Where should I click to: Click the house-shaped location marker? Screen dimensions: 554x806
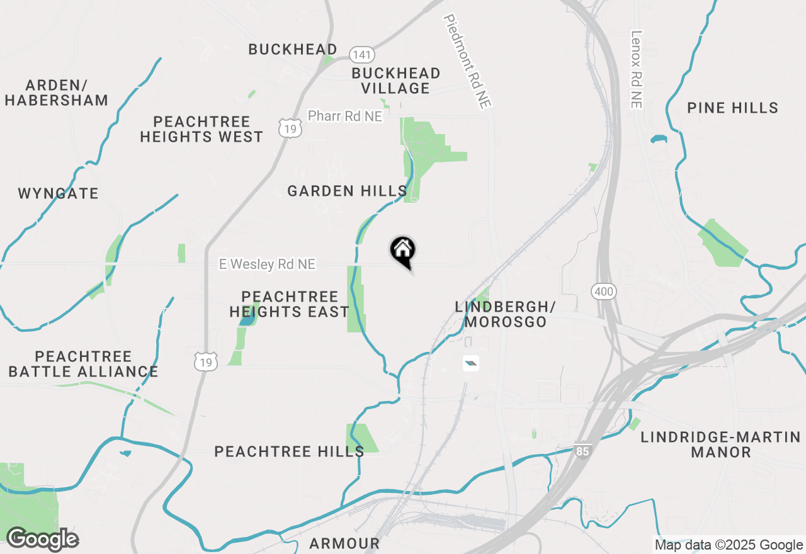[403, 251]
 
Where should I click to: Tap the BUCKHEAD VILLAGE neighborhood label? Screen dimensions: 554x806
[395, 81]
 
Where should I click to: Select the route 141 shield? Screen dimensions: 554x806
[362, 55]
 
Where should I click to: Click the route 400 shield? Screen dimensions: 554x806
[603, 291]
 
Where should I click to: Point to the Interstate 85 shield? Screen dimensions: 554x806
[582, 451]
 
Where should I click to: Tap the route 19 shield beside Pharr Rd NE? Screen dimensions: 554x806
[291, 128]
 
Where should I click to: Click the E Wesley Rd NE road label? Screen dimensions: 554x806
[267, 264]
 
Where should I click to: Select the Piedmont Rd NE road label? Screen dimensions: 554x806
[467, 62]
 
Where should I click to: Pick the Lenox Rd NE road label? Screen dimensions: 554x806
[637, 69]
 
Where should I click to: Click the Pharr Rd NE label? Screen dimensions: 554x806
[344, 116]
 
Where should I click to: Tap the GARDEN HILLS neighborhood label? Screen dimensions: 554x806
[347, 191]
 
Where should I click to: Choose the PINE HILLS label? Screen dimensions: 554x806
[732, 108]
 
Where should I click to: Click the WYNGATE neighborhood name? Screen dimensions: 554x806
[58, 193]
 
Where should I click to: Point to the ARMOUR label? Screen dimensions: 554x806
[344, 543]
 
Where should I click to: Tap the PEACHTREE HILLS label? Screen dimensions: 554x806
[289, 451]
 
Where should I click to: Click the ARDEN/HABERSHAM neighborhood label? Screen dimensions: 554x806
[57, 93]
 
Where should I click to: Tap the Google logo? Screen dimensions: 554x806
[42, 539]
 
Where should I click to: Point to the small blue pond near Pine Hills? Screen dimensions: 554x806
[658, 139]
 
